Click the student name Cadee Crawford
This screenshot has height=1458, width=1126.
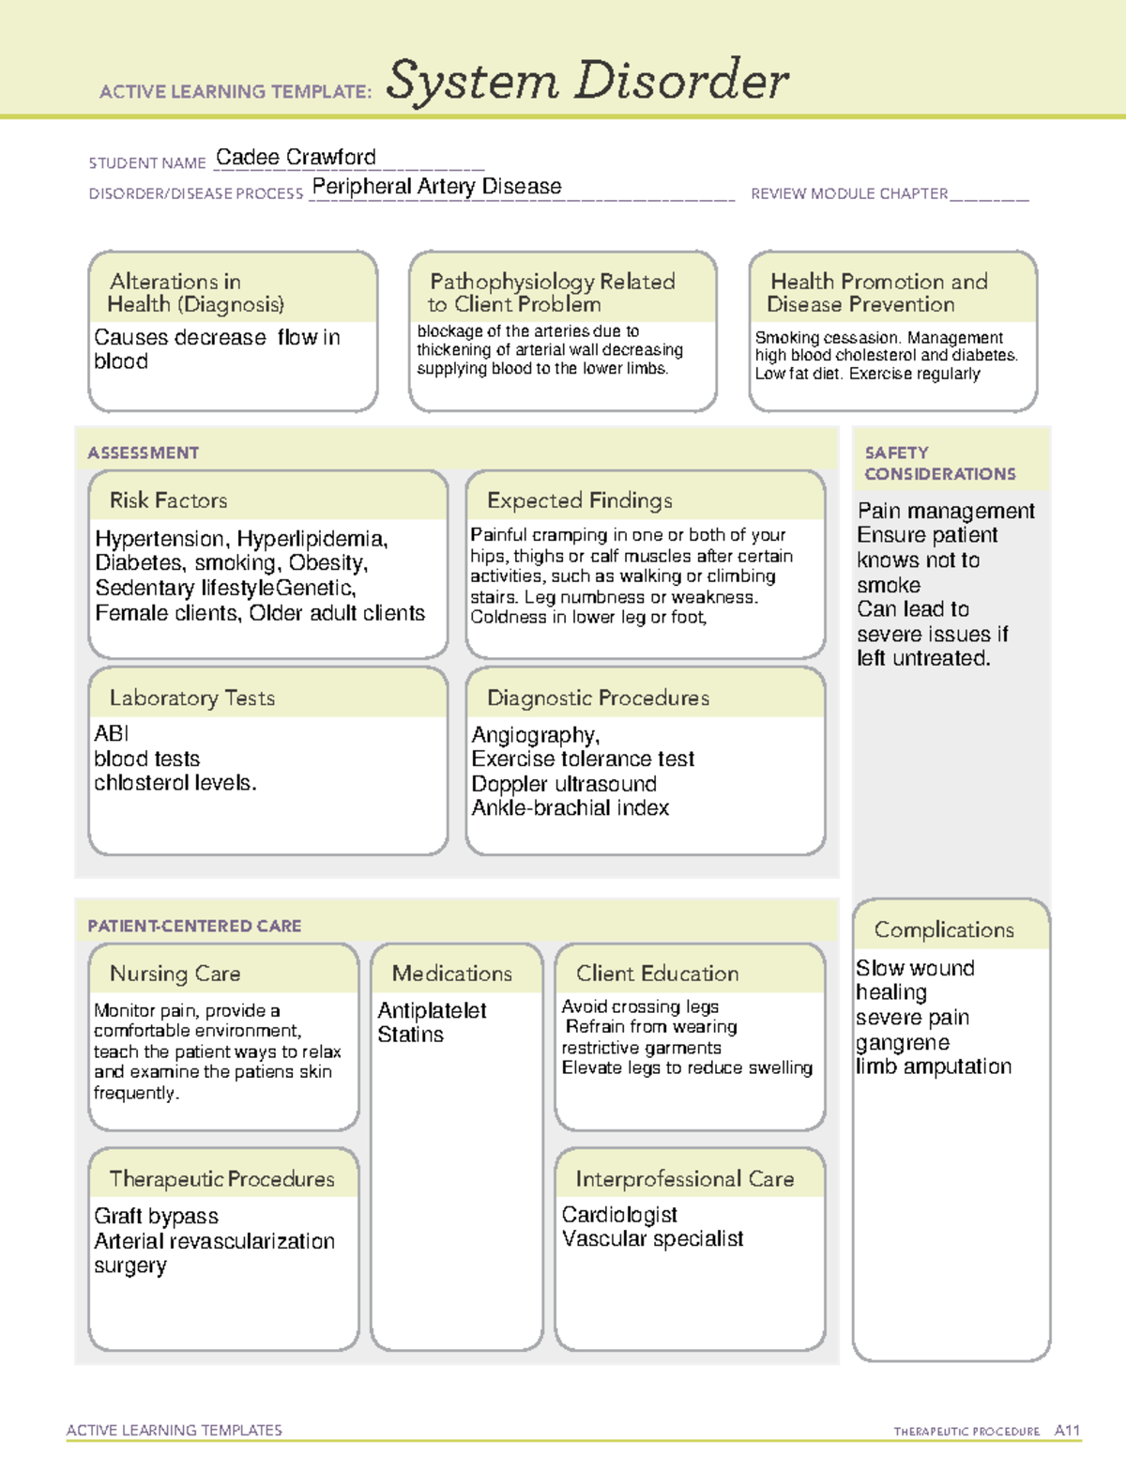[296, 158]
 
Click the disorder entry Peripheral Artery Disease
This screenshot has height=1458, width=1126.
[436, 187]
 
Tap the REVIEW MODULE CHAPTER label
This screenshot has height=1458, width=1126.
[848, 194]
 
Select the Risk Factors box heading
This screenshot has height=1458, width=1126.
[168, 500]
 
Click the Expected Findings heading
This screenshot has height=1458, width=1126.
[579, 500]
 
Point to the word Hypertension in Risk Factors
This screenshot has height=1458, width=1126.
[160, 539]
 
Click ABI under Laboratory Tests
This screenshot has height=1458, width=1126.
[111, 733]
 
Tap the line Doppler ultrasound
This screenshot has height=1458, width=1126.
[563, 784]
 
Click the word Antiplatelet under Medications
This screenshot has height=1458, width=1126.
[432, 1011]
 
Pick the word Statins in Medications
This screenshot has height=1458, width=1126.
[410, 1035]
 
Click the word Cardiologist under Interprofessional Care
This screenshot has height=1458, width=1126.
[618, 1215]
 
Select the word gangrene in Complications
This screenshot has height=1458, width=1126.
[902, 1043]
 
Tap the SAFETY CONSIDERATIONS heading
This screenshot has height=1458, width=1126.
[938, 463]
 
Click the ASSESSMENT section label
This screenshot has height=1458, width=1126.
[143, 453]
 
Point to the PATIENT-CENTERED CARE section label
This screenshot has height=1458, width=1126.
[194, 926]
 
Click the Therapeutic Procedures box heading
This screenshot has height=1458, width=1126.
[221, 1179]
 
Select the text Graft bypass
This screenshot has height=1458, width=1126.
[156, 1217]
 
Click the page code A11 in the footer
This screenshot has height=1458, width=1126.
[1067, 1431]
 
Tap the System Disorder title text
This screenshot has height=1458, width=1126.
[587, 81]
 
